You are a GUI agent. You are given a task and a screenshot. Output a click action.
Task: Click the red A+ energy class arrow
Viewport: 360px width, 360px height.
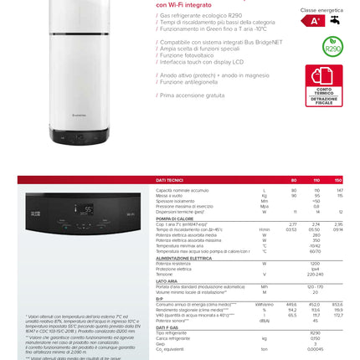coord(312,21)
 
